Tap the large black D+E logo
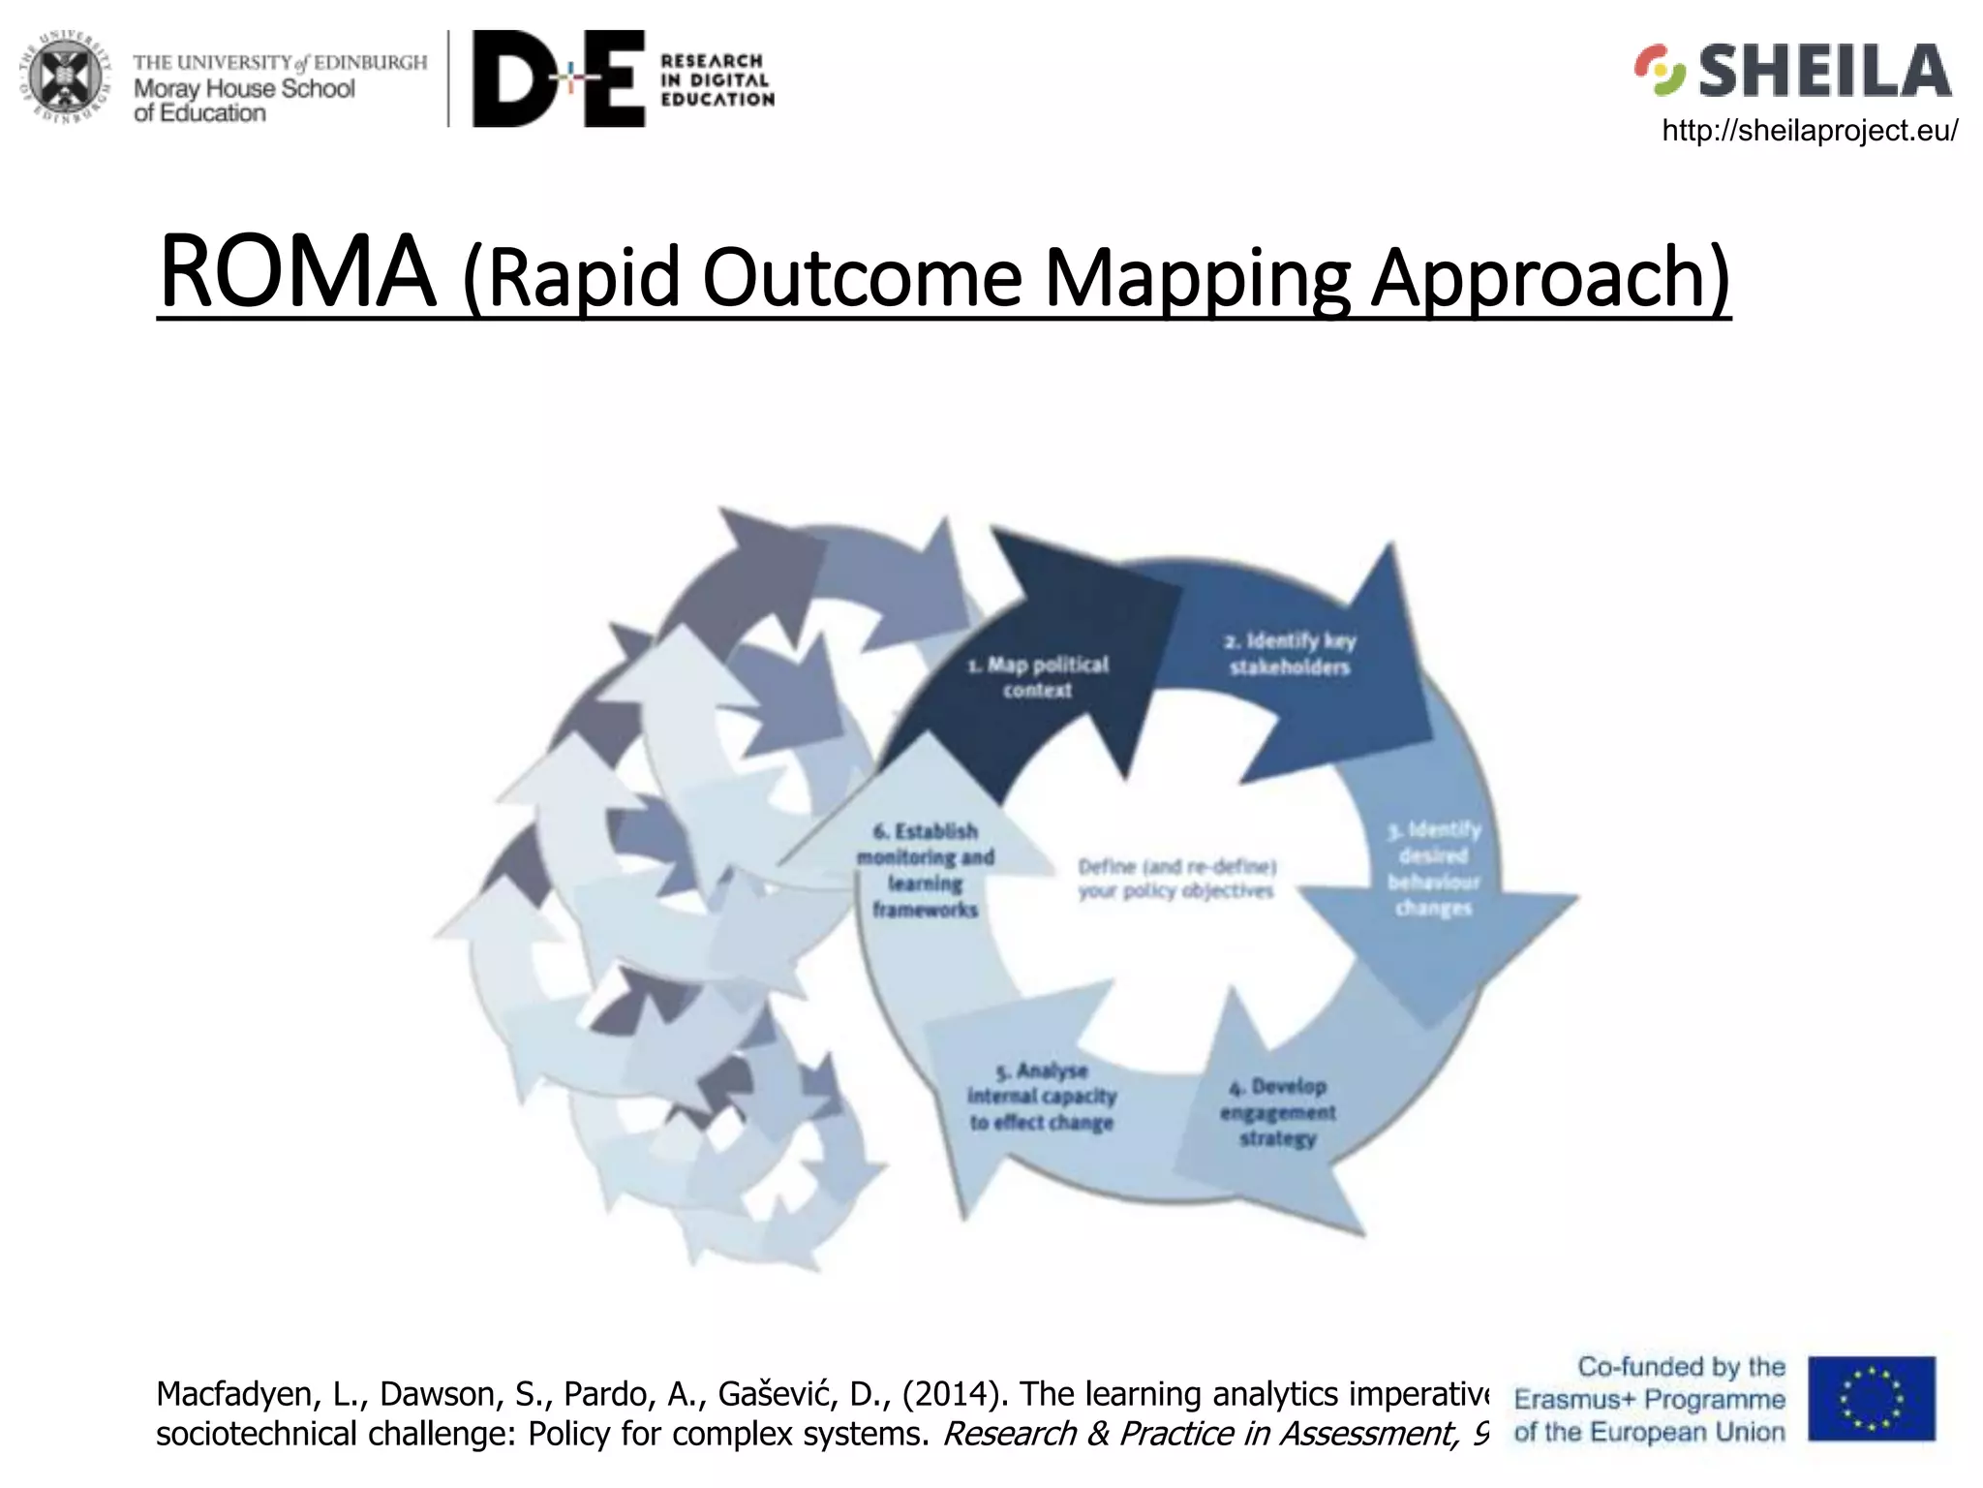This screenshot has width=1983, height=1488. (x=559, y=78)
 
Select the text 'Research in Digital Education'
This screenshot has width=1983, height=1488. (x=717, y=79)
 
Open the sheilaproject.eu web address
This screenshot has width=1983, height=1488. (x=1809, y=130)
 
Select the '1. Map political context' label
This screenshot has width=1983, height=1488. (x=1037, y=677)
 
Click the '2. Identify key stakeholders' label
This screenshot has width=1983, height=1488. (x=1290, y=654)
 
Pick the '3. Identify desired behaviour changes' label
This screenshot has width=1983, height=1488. (x=1434, y=869)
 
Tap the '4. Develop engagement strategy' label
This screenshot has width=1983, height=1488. (x=1278, y=1112)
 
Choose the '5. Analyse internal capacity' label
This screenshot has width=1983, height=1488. (x=1042, y=1097)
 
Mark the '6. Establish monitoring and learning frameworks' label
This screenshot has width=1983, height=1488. (x=925, y=870)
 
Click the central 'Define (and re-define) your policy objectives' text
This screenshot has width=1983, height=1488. (x=1176, y=879)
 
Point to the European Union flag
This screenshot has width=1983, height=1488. (x=1871, y=1398)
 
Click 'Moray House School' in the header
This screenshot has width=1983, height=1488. (x=244, y=89)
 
